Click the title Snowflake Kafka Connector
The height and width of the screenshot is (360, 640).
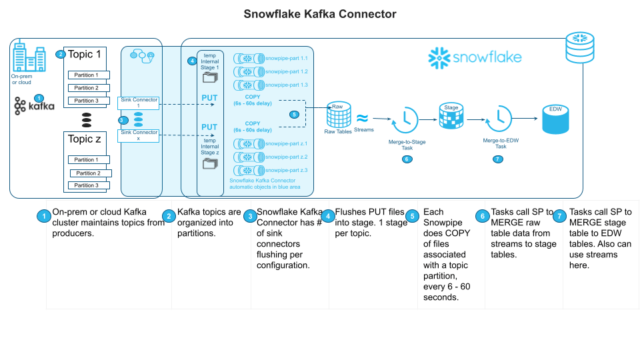click(x=320, y=13)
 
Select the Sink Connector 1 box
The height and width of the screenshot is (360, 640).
click(x=139, y=103)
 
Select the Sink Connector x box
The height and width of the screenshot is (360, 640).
click(x=139, y=135)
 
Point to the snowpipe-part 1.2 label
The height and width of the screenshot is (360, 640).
click(x=286, y=71)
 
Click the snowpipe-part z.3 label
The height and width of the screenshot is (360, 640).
click(x=286, y=170)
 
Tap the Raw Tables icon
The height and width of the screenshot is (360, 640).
click(x=338, y=117)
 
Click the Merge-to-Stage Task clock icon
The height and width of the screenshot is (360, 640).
click(x=406, y=121)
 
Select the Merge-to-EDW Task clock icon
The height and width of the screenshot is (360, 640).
click(x=500, y=121)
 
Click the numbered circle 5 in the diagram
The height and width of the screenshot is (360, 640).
click(x=294, y=114)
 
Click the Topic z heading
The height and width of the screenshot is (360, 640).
click(x=85, y=139)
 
